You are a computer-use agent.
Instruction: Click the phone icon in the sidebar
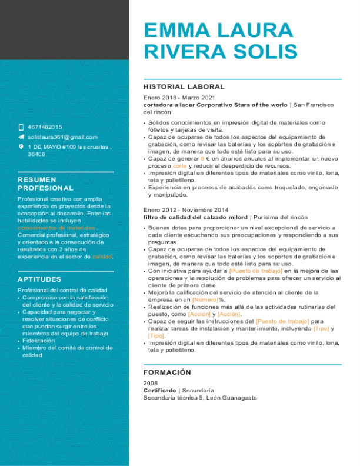pos(21,127)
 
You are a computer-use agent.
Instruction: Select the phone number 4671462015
pos(45,127)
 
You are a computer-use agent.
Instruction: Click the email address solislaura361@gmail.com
pos(62,137)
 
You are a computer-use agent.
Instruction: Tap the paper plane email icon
pos(21,137)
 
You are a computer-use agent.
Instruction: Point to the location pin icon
pos(21,147)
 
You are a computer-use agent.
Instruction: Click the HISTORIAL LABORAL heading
pos(184,86)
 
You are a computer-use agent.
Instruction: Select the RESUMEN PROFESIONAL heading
pos(45,184)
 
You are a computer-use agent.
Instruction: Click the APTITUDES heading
pos(39,279)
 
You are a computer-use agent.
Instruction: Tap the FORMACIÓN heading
pos(168,372)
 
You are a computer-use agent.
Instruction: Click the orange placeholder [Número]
pos(205,299)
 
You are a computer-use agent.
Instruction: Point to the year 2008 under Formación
pos(151,383)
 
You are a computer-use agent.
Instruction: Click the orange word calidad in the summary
pos(102,257)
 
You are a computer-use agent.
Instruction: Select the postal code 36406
pos(36,154)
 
